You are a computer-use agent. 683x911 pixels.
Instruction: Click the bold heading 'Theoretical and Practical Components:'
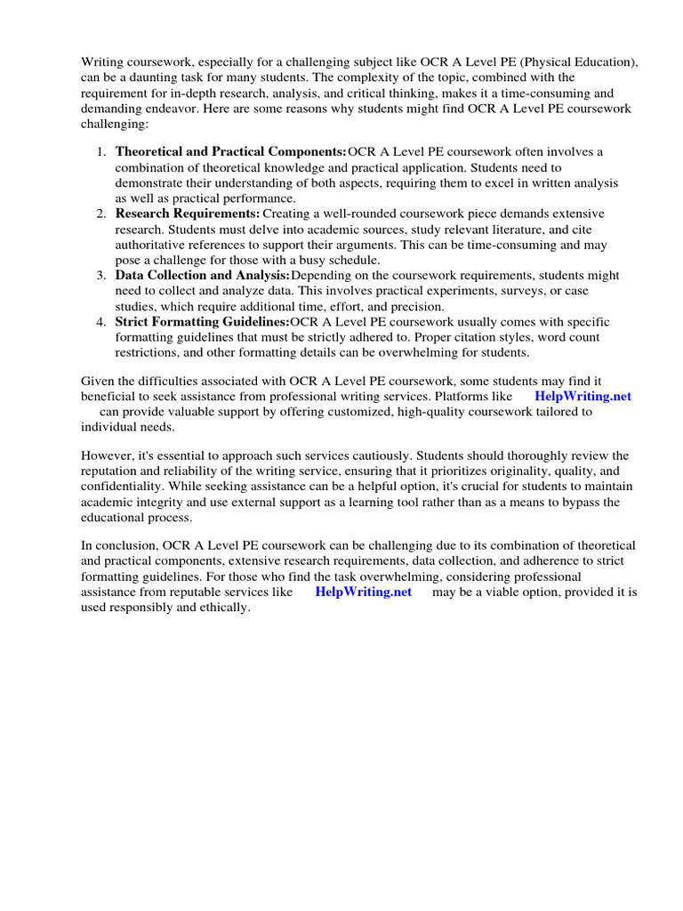[x=231, y=152]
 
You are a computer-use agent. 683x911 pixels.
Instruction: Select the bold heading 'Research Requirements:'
[x=188, y=214]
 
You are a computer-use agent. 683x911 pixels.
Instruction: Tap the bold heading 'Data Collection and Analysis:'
[x=202, y=276]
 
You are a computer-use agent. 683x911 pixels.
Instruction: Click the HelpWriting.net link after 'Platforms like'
[x=583, y=396]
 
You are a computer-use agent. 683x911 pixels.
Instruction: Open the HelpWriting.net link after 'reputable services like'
[x=363, y=593]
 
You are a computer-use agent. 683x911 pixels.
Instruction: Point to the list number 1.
[x=101, y=152]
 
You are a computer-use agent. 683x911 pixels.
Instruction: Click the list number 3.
[x=101, y=276]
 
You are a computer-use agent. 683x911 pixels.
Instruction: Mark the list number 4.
[x=101, y=321]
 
